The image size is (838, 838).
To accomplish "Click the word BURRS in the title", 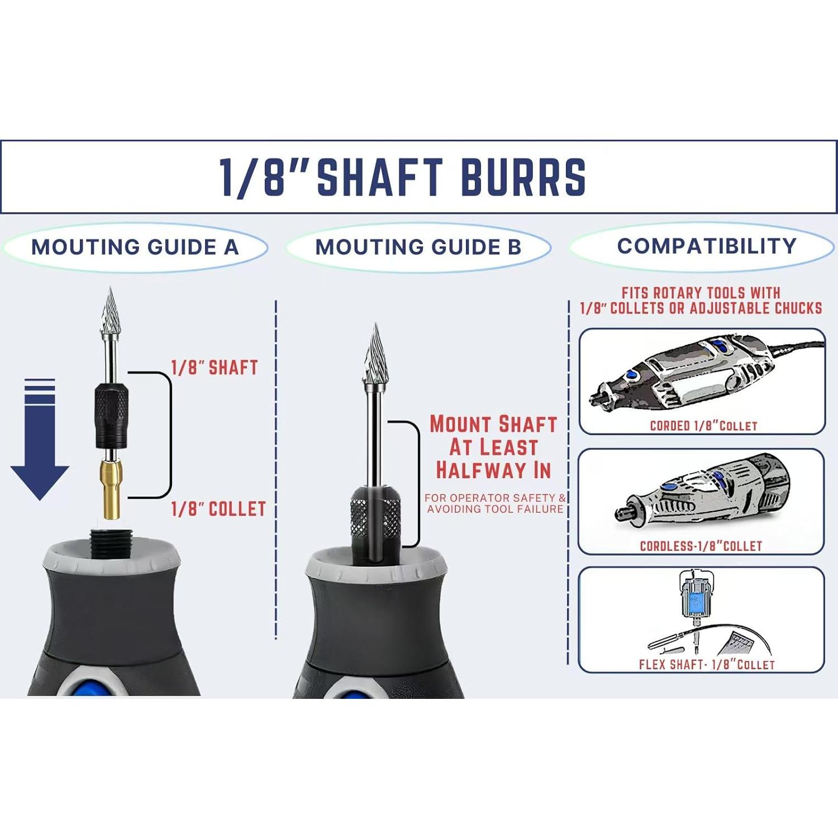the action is [523, 178].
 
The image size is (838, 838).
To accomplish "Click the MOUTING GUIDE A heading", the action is [135, 247].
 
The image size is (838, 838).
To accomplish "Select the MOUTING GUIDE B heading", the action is [418, 247].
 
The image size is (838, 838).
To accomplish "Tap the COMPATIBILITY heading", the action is [707, 246].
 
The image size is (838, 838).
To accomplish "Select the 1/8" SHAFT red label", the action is [215, 368].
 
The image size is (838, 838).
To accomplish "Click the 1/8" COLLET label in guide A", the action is [218, 509].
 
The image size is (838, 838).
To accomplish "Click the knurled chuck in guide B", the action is [375, 517].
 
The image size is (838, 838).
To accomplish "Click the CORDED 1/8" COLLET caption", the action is [703, 426].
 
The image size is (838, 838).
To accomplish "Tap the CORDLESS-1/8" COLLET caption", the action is [701, 546].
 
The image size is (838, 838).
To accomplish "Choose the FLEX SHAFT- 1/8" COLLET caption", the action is [707, 664].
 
